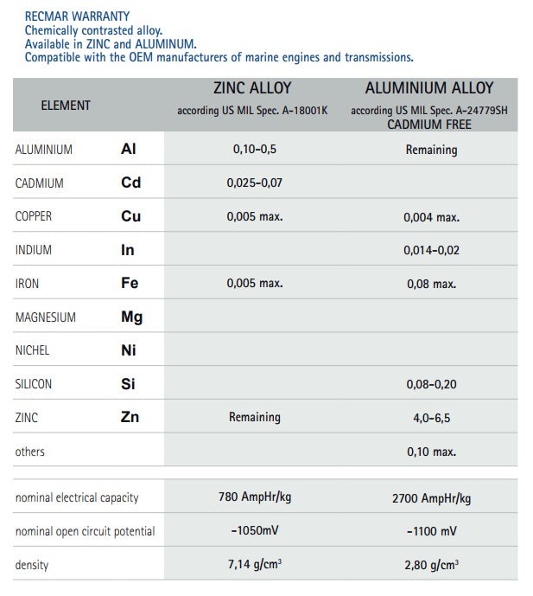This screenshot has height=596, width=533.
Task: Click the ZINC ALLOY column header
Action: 252,88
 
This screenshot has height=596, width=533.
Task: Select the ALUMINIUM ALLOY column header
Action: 429,88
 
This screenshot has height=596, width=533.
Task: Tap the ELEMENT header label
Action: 66,106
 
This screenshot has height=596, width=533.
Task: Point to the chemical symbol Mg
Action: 131,317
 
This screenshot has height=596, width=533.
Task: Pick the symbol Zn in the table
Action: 130,418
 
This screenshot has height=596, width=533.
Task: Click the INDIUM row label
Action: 34,251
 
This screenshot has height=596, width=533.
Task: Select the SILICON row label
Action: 34,384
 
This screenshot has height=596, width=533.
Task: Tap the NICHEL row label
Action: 33,350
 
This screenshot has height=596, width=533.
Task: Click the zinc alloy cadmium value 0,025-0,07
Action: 255,183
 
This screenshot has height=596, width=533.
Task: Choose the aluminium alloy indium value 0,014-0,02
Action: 431,251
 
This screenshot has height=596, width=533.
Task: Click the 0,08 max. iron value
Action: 431,284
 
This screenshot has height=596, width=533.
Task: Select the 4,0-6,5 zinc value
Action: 431,418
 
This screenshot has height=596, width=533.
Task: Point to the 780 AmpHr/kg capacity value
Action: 255,497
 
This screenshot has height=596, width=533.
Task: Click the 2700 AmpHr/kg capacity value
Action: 431,498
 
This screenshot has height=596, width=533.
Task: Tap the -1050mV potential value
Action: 255,530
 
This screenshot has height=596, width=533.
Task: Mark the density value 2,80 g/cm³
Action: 431,565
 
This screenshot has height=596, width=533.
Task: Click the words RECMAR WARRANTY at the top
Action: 77,16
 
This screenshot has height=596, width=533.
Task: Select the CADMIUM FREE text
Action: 429,125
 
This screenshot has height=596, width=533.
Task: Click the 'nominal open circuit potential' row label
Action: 85,531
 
